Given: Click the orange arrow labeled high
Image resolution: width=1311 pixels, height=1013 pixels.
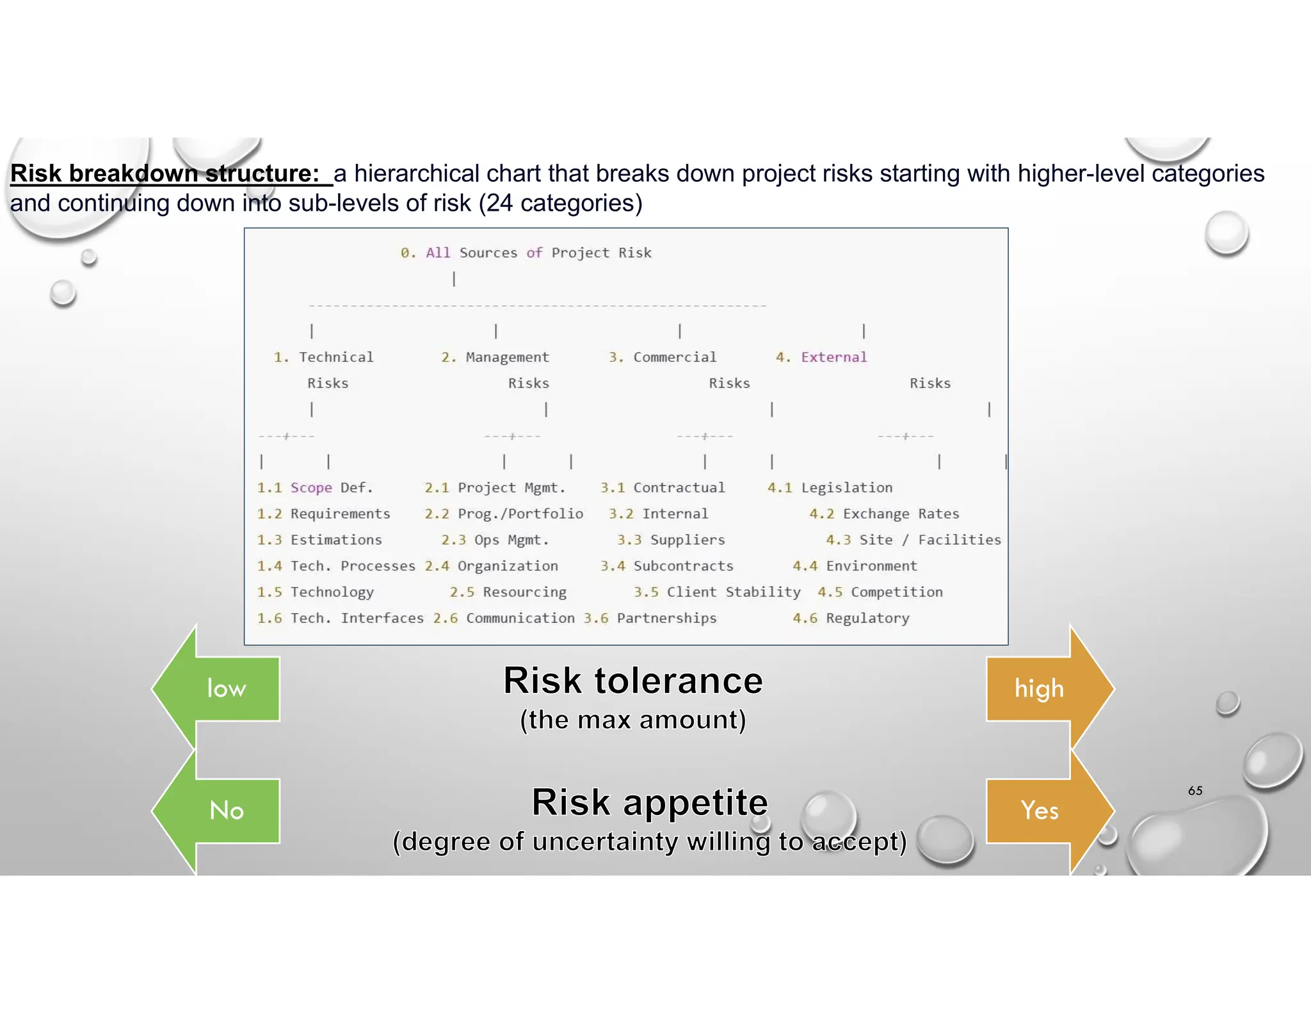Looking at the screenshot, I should click(1043, 688).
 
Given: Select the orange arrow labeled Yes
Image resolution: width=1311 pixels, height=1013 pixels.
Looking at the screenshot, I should click(1043, 811).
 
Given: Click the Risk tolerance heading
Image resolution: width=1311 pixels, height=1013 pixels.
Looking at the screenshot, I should click(632, 680).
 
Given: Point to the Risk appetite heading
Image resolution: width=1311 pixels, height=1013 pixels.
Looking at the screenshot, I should click(649, 802).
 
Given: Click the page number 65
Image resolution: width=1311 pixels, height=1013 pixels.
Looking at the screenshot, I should click(1194, 791).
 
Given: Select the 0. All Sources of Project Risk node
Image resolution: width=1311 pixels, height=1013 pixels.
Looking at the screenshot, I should click(526, 253).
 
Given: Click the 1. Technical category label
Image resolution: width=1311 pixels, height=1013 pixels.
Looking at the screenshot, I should click(323, 357).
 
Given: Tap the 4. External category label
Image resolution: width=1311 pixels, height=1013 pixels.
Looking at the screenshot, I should click(821, 357).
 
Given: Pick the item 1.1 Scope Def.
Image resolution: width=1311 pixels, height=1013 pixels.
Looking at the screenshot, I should click(314, 488).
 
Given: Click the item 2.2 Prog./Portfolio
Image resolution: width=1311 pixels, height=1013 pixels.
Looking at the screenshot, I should click(504, 514).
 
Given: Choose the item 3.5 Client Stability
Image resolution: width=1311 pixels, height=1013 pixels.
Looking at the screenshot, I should click(717, 592).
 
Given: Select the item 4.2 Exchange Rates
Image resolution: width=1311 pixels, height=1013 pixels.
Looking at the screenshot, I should click(884, 514).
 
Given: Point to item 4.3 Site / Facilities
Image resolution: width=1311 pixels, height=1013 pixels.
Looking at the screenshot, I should click(913, 540).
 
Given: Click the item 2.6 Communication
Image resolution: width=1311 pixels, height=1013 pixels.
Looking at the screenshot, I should click(504, 619).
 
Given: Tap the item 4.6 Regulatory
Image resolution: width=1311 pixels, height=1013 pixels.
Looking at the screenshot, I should click(851, 619).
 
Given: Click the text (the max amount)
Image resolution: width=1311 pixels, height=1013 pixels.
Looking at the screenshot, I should click(632, 720).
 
